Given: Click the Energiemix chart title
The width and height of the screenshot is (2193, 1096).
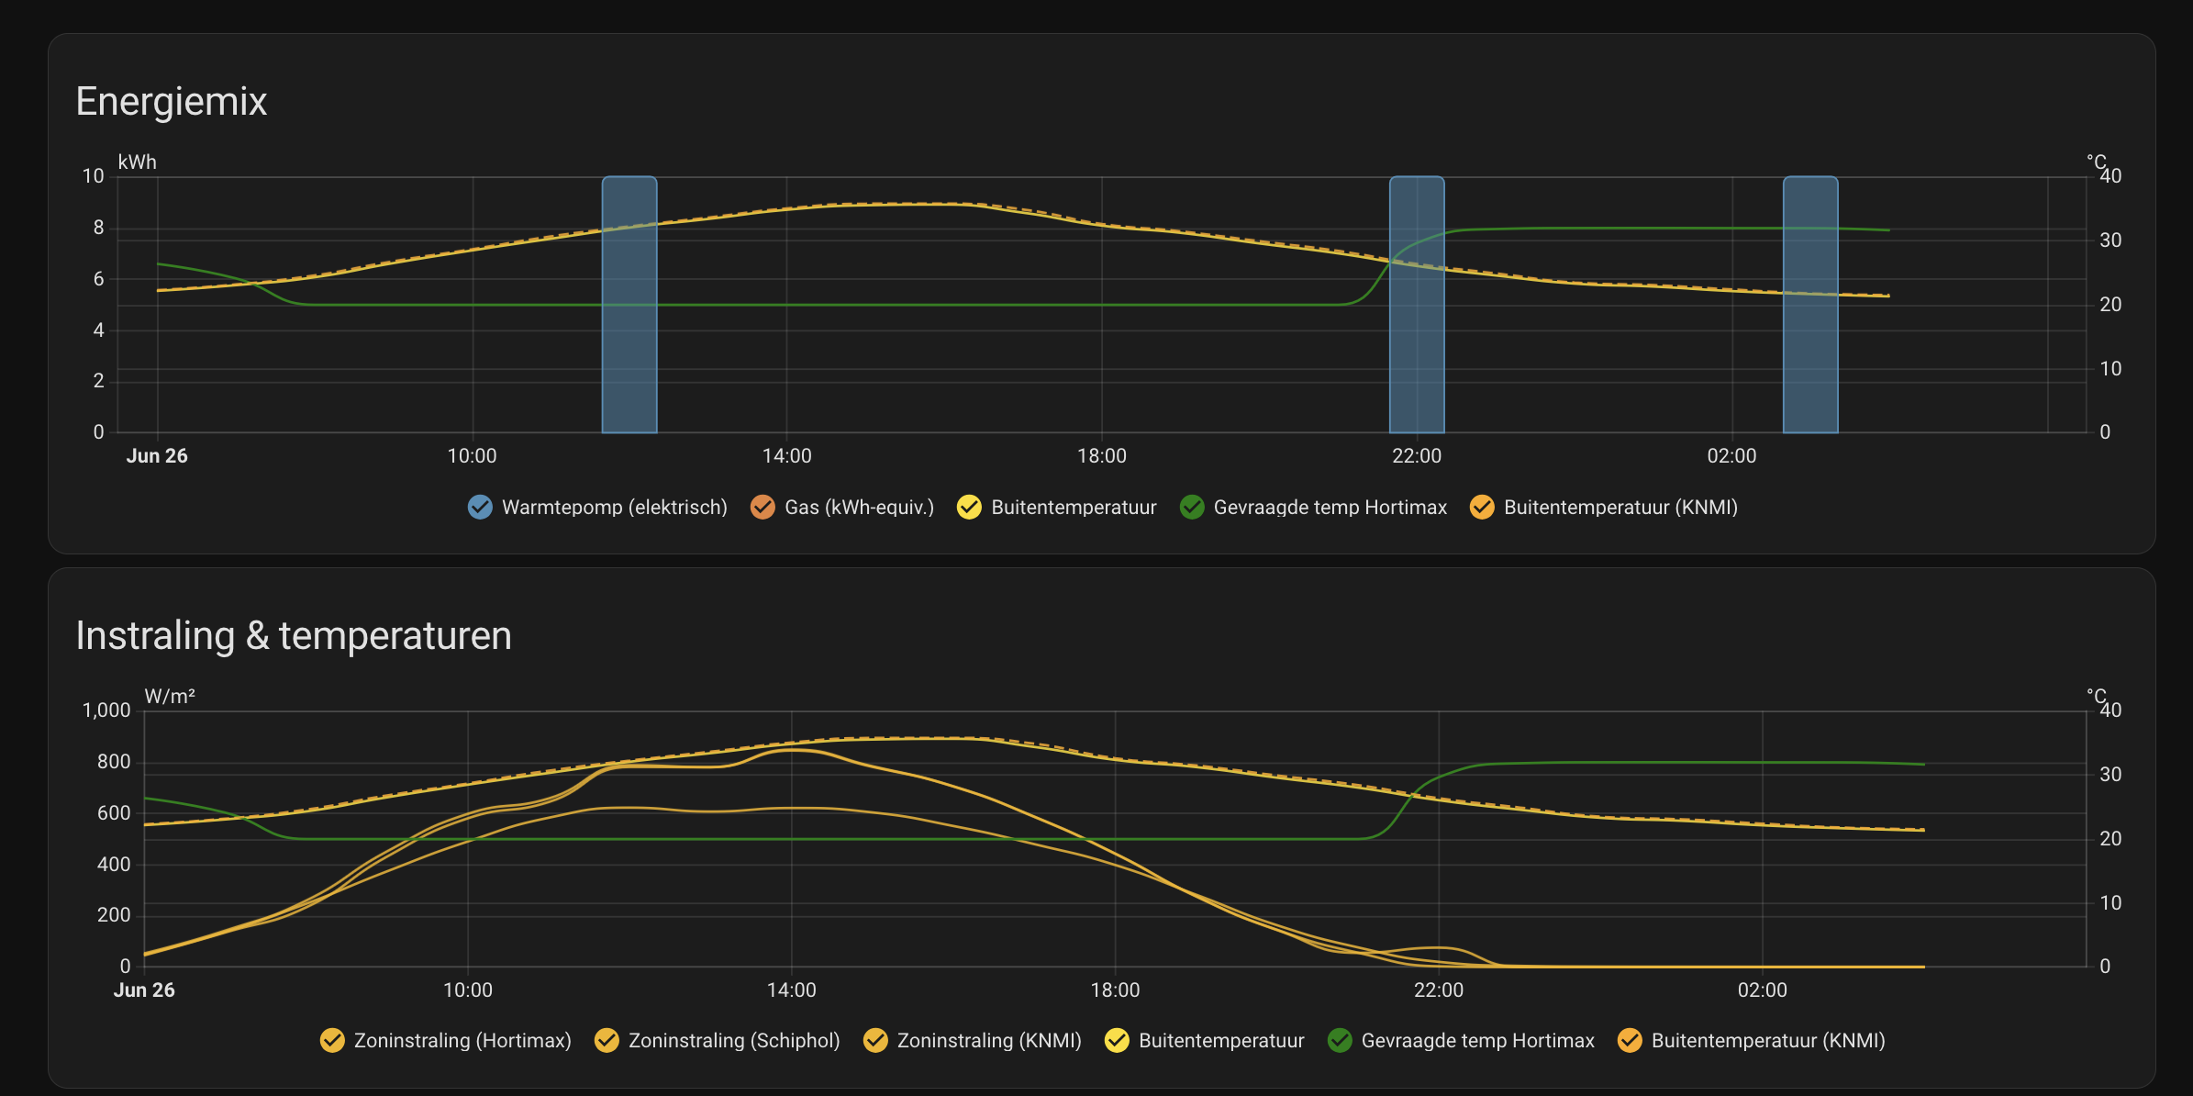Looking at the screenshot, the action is point(172,101).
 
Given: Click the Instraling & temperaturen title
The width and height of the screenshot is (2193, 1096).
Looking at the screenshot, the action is point(294,635).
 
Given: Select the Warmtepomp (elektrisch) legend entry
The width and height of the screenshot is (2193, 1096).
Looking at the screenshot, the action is point(597,507).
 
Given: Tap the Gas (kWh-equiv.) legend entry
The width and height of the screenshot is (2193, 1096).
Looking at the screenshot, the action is point(842,507).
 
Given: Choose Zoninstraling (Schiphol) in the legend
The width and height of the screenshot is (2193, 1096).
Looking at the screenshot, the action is point(718,1040).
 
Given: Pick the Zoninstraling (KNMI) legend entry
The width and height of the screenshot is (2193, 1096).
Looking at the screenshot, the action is point(973,1040).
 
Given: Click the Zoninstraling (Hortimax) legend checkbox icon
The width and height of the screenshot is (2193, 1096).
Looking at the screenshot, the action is point(332,1040).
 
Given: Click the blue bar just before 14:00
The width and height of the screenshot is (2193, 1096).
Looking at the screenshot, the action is point(629,305).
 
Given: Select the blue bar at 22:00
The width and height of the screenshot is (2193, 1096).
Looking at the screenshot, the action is point(1417,305).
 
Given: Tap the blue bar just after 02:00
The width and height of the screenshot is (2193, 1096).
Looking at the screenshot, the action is point(1810,305).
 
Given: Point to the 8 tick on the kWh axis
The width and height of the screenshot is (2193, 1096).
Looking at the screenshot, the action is point(99,228).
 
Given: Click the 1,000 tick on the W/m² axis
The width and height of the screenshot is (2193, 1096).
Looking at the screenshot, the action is point(106,710).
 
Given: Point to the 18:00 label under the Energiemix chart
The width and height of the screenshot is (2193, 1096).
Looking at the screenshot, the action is point(1102,456).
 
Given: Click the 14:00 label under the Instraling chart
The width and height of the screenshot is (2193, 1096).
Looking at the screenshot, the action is point(792,990).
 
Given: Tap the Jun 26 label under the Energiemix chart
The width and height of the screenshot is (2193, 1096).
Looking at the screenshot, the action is point(157,456).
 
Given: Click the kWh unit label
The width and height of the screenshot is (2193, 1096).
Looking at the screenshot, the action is point(138,162).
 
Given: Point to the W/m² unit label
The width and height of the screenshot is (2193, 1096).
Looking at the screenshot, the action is point(170,697).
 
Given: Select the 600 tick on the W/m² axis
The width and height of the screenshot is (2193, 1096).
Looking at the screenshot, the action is point(114,812).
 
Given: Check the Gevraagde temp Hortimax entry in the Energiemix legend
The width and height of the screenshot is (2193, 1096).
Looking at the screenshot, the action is point(1313,507).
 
